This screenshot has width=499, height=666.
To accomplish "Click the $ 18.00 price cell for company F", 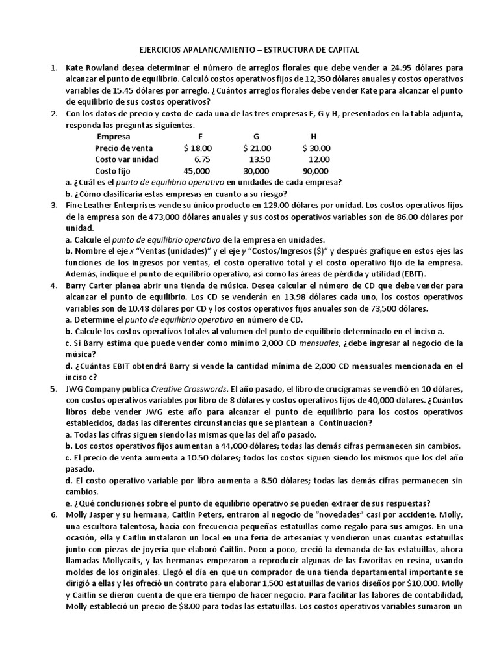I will click(198, 148).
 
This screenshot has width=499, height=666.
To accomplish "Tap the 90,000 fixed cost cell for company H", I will click(315, 171).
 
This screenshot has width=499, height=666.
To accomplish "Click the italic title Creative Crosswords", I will click(188, 390).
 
